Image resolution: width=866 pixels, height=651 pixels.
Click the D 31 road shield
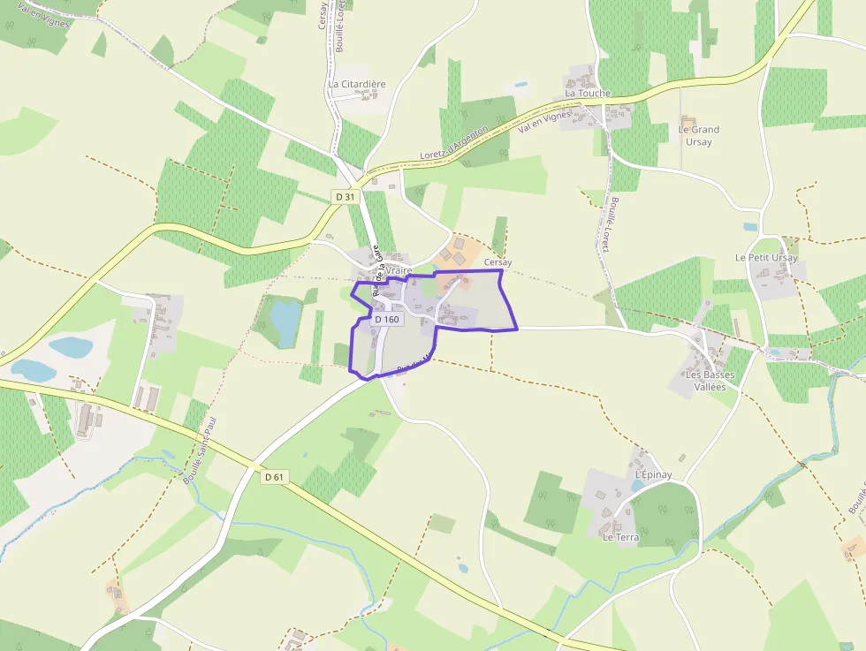(x=345, y=196)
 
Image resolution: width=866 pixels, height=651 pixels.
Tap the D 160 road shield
(x=387, y=319)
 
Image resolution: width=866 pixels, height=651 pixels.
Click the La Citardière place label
(x=357, y=84)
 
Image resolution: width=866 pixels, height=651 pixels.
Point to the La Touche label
(x=589, y=93)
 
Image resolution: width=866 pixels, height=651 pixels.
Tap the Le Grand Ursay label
(x=698, y=134)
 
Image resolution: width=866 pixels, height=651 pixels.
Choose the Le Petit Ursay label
(x=766, y=258)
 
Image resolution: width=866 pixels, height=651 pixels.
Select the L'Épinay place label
(x=653, y=475)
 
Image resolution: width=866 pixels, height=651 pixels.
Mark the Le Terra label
(x=620, y=536)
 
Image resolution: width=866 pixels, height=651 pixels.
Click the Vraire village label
(x=399, y=271)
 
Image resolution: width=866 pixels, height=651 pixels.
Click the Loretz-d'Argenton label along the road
(x=454, y=143)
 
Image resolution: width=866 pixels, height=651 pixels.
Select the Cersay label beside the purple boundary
(x=498, y=262)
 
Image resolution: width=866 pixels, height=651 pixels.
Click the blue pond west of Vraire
(x=285, y=322)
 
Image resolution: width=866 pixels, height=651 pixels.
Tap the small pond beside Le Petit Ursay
(x=750, y=227)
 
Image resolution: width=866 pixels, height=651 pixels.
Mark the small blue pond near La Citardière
(x=520, y=85)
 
